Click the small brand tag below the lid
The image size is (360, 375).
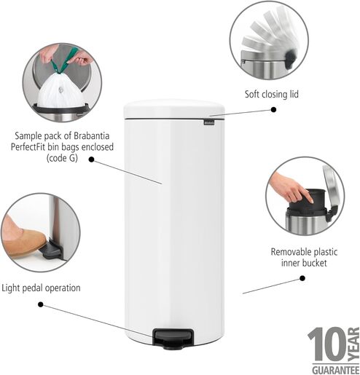pos(210,126)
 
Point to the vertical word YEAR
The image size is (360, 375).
pos(353,344)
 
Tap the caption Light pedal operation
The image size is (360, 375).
pos(41,288)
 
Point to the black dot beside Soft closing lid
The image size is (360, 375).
pos(274,108)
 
